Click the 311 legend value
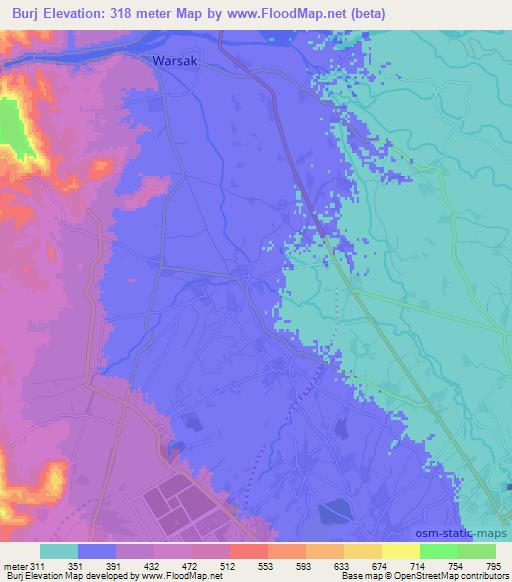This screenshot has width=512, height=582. pyautogui.click(x=39, y=567)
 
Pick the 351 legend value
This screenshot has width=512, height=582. pyautogui.click(x=77, y=567)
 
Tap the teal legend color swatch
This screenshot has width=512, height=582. pyautogui.click(x=59, y=551)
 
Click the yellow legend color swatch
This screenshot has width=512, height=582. pyautogui.click(x=401, y=551)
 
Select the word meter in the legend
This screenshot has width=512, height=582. pyautogui.click(x=15, y=567)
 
